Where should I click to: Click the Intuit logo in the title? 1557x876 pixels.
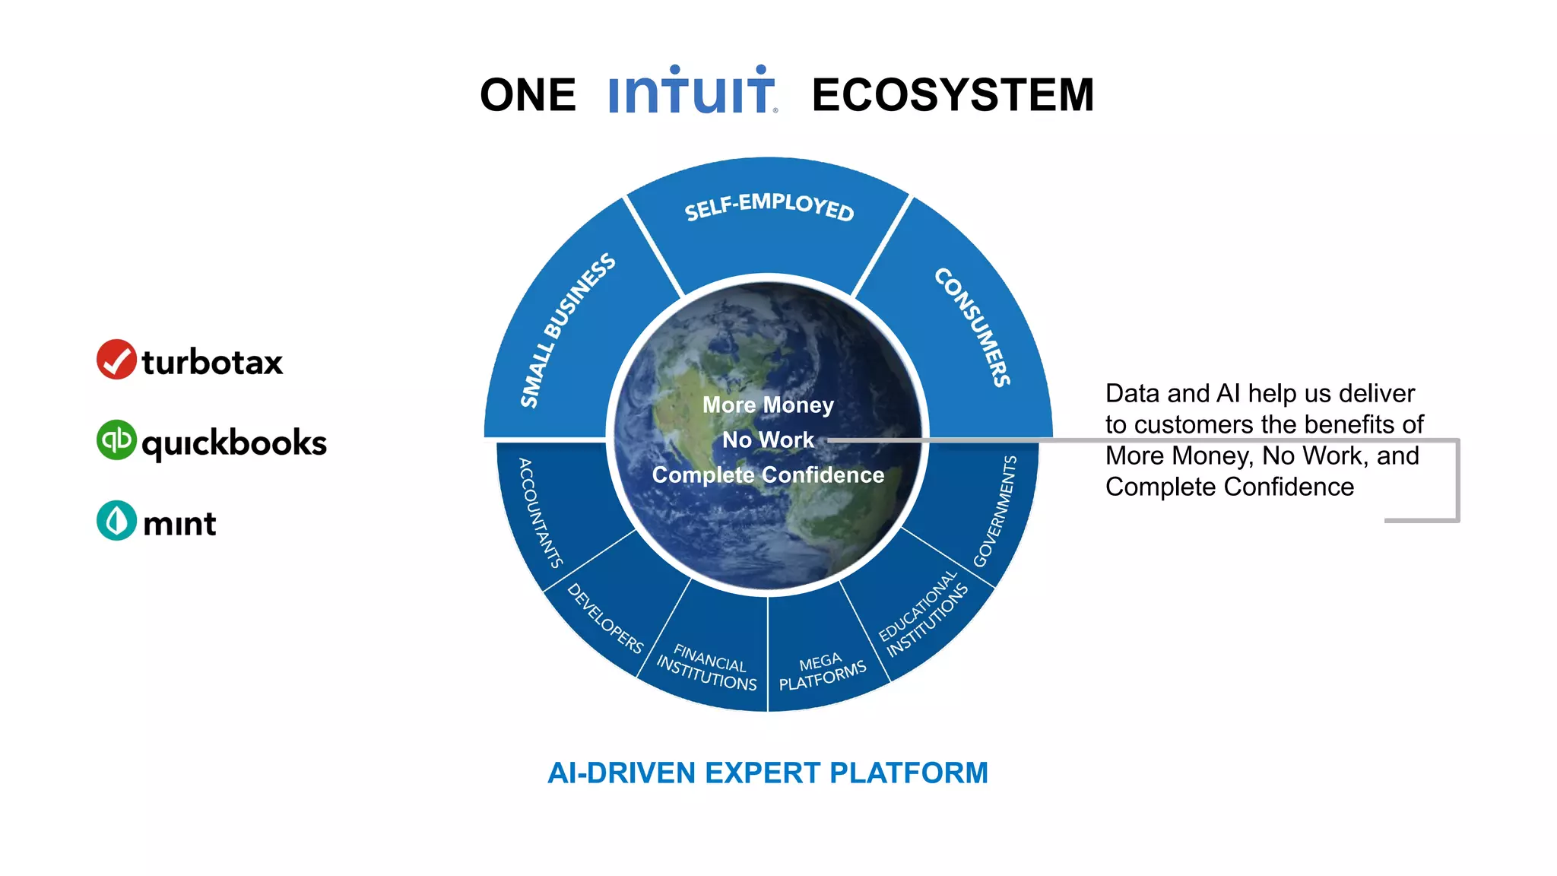pyautogui.click(x=692, y=91)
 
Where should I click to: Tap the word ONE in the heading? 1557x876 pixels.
pyautogui.click(x=528, y=95)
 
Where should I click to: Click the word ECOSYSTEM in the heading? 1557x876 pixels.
pyautogui.click(x=953, y=95)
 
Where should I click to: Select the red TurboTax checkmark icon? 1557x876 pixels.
pyautogui.click(x=116, y=360)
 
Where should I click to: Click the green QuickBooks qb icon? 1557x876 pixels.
pyautogui.click(x=116, y=440)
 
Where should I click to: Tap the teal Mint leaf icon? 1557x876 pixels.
pyautogui.click(x=116, y=521)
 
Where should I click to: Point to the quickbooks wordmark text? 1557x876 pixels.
pyautogui.click(x=234, y=443)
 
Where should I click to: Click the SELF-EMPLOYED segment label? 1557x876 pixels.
pyautogui.click(x=769, y=206)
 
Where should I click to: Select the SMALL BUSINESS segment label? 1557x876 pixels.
pyautogui.click(x=567, y=330)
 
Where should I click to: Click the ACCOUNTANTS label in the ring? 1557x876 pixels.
pyautogui.click(x=540, y=513)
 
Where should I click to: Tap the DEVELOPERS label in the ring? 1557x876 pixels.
pyautogui.click(x=606, y=618)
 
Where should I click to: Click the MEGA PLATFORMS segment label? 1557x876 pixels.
pyautogui.click(x=822, y=671)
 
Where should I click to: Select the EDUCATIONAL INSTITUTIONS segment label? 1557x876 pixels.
pyautogui.click(x=923, y=614)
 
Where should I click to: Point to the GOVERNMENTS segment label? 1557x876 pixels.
pyautogui.click(x=994, y=511)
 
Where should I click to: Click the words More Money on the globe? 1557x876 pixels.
pyautogui.click(x=768, y=405)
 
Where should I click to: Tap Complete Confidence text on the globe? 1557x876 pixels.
pyautogui.click(x=768, y=474)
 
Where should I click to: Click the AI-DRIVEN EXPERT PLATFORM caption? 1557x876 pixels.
pyautogui.click(x=768, y=773)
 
